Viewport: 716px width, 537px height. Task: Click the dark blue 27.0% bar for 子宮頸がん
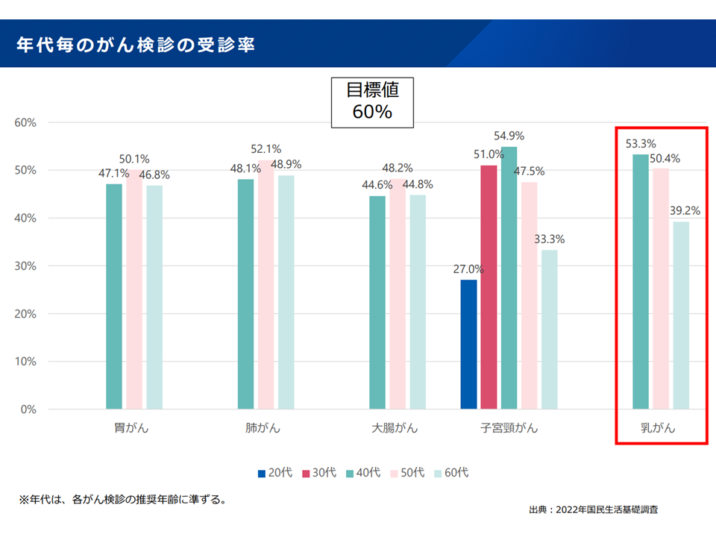point(468,344)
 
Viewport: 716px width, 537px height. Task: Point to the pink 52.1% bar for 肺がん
point(266,284)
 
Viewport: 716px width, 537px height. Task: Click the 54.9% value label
point(509,136)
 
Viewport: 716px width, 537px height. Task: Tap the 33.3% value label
point(550,239)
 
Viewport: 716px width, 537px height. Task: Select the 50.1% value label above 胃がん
point(134,159)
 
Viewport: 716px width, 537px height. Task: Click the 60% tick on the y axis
point(26,122)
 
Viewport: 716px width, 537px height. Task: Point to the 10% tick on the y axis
point(26,362)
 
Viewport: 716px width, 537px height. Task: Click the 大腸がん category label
point(395,429)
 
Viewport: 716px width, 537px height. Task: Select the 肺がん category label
point(264,429)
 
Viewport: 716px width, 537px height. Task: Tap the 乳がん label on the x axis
point(659,429)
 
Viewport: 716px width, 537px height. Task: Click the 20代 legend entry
point(276,473)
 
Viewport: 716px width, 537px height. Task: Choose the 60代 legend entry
point(452,473)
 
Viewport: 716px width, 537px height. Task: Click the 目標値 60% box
point(372,101)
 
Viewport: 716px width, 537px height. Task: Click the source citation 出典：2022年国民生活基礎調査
point(593,509)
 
